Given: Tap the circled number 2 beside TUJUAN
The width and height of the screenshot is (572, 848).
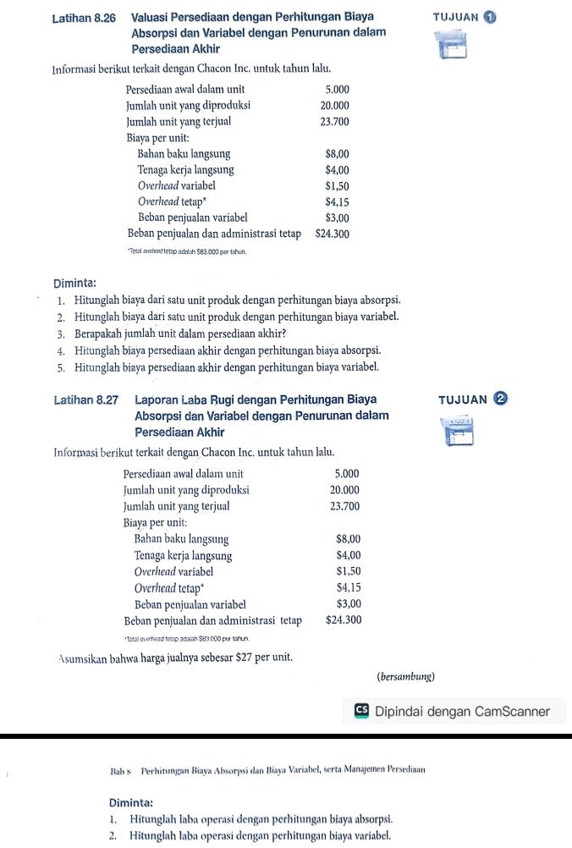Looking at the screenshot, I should click(x=499, y=399).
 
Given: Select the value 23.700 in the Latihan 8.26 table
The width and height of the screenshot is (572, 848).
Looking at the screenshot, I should click(x=333, y=122).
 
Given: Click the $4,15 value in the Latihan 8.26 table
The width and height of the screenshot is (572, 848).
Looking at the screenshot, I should click(x=337, y=202).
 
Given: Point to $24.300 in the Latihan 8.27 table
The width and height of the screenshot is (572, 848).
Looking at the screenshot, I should click(x=344, y=620).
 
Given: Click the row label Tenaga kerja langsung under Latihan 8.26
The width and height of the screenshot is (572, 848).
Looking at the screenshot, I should click(x=186, y=170).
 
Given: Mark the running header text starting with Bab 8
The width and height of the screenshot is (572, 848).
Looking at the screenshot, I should click(x=267, y=770).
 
